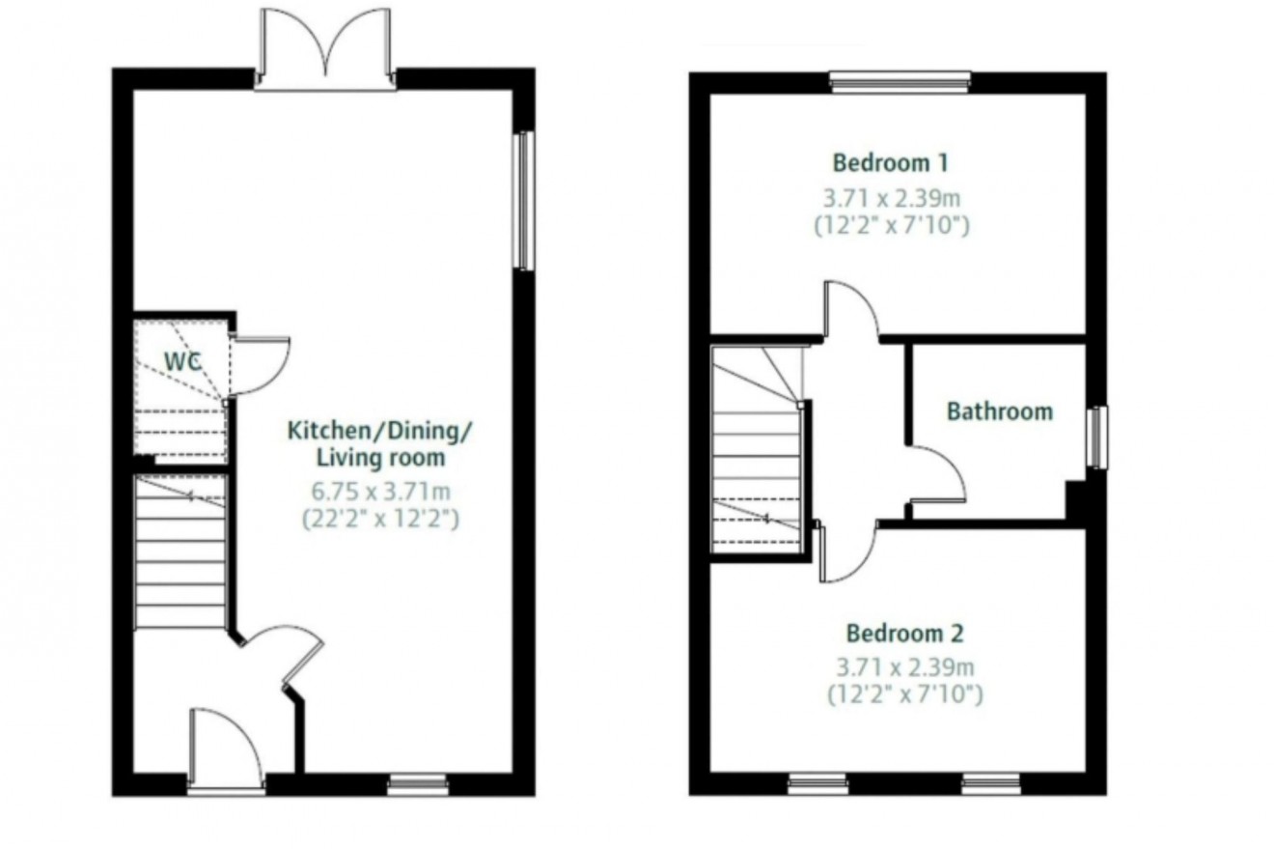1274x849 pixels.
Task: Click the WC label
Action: click(x=182, y=362)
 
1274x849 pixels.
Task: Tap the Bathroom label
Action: click(x=999, y=412)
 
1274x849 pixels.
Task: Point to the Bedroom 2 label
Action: click(x=904, y=634)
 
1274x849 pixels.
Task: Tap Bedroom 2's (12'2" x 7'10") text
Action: click(x=904, y=693)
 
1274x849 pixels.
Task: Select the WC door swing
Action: click(x=261, y=366)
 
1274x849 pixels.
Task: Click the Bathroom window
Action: click(x=1097, y=437)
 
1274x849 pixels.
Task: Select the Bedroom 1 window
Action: click(x=900, y=83)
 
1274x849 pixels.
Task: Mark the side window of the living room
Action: click(x=524, y=200)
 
